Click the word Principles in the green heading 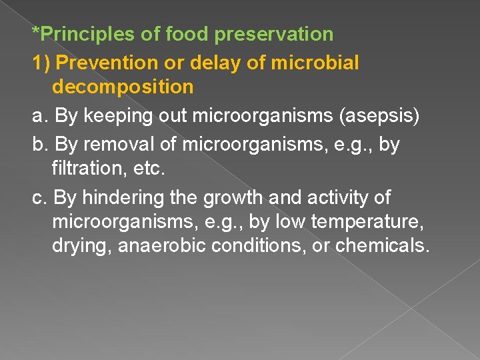81,33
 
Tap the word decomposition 123,87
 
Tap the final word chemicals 383,245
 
